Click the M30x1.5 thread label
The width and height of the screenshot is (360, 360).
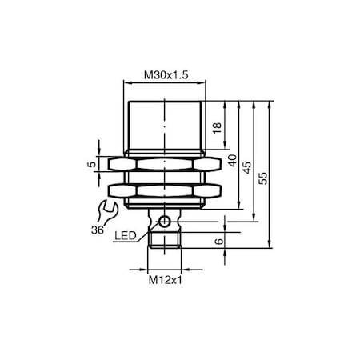coord(166,75)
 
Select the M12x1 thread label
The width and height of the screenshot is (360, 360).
coord(166,280)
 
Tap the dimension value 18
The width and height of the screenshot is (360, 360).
coord(218,129)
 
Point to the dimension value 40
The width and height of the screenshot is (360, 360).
coord(233,161)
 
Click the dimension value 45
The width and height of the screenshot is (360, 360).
coord(247,167)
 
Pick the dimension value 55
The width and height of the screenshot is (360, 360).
coord(263,178)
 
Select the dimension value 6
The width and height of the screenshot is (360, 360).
coord(219,242)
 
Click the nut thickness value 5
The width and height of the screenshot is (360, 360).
coord(91,165)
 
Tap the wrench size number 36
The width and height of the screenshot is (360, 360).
coord(97,230)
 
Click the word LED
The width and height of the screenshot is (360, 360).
coord(126,236)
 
